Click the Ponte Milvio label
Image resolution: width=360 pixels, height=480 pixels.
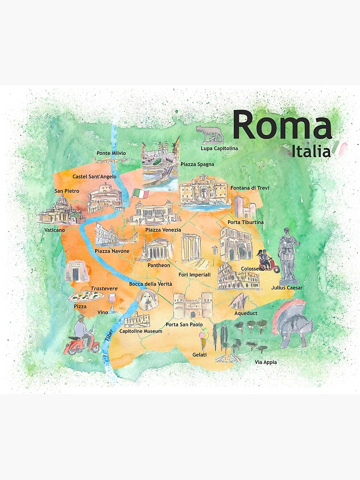[x=111, y=153]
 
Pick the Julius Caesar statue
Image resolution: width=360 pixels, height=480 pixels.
[x=289, y=254]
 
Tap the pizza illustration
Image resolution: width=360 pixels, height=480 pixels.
[x=86, y=296]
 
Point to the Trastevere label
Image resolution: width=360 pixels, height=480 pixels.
[x=104, y=288]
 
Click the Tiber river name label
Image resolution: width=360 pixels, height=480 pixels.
[x=108, y=335]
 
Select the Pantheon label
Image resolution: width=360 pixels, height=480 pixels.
[x=159, y=265]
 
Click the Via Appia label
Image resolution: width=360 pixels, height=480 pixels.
[x=267, y=362]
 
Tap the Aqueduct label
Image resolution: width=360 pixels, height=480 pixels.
[x=246, y=313]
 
